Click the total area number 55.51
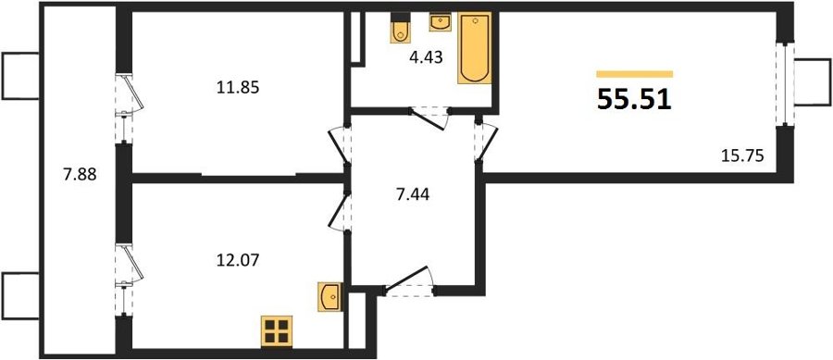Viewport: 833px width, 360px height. [x=635, y=99]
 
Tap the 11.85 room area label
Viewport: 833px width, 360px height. [x=238, y=88]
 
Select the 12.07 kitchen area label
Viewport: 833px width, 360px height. [x=238, y=261]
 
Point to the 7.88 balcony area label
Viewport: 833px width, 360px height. [x=80, y=174]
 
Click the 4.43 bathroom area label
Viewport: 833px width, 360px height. [x=426, y=57]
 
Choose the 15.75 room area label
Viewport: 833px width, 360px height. [x=742, y=155]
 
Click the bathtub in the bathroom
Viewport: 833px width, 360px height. [x=475, y=48]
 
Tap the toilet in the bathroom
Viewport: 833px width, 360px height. [x=400, y=29]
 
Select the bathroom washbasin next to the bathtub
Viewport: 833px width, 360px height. [x=440, y=22]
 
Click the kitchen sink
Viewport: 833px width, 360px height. [x=329, y=297]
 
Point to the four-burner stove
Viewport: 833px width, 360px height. [x=277, y=331]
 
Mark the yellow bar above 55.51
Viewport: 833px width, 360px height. [x=635, y=74]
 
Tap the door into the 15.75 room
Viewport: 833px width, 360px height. [x=486, y=141]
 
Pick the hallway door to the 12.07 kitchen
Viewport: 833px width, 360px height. [x=339, y=211]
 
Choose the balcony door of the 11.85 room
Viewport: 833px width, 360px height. [x=128, y=109]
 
